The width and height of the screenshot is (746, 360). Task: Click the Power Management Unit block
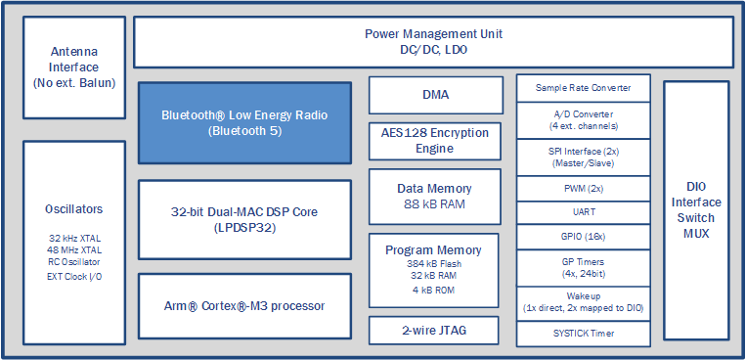[x=433, y=41]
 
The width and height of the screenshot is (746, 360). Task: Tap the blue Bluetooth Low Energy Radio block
[x=244, y=122]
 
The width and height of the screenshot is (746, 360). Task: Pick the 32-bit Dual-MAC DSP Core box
[x=244, y=219]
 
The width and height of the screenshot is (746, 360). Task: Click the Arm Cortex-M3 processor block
[x=244, y=306]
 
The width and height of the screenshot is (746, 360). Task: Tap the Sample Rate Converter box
[x=583, y=88]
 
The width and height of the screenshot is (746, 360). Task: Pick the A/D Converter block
[x=583, y=120]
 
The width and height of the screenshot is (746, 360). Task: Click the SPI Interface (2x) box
[x=583, y=157]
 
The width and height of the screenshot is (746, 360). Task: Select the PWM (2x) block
[x=583, y=188]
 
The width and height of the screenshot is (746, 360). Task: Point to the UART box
[x=583, y=211]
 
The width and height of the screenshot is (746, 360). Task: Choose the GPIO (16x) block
[x=583, y=236]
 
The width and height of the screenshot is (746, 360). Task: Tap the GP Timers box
[x=583, y=268]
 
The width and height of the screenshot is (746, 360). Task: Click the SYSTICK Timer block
[x=583, y=334]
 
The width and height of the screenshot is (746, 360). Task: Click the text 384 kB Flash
[x=435, y=264]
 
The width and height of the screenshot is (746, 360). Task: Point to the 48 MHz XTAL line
[x=74, y=249]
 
